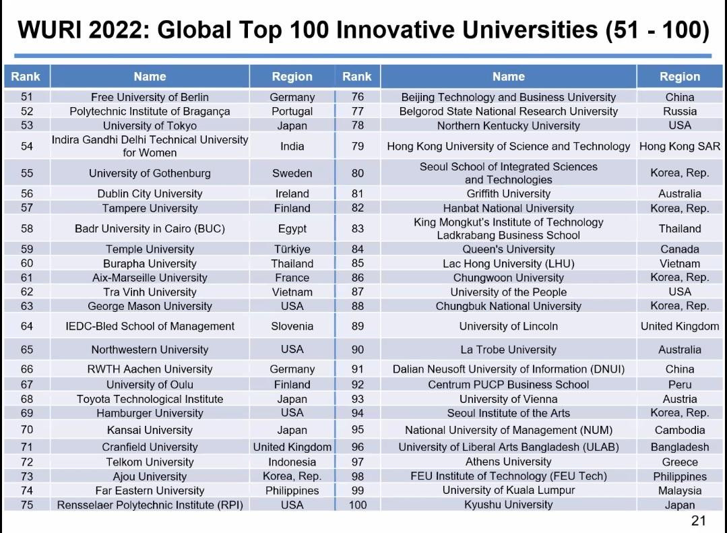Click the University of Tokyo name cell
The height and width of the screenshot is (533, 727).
click(150, 125)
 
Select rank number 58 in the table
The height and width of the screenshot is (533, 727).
click(27, 228)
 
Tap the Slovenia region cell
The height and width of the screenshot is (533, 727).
click(292, 326)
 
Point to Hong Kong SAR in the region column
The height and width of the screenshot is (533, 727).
click(679, 146)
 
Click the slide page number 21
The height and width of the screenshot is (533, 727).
click(698, 520)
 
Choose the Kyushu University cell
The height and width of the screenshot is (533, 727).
click(508, 504)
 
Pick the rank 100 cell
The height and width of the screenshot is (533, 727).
click(358, 504)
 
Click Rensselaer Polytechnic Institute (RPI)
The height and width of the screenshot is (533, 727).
click(150, 505)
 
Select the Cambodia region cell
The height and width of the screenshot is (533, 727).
click(679, 430)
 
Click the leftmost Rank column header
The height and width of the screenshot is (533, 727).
click(26, 76)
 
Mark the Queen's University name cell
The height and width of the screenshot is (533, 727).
click(508, 249)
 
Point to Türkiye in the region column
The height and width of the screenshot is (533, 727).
click(292, 249)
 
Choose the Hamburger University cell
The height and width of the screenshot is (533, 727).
click(150, 413)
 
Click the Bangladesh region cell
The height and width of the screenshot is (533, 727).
click(679, 447)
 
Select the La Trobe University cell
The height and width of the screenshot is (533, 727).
click(508, 350)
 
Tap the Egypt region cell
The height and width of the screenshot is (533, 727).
click(292, 228)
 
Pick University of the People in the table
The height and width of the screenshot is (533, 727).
click(508, 292)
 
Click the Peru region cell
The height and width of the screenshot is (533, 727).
click(679, 385)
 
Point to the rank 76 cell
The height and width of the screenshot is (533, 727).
click(358, 97)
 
